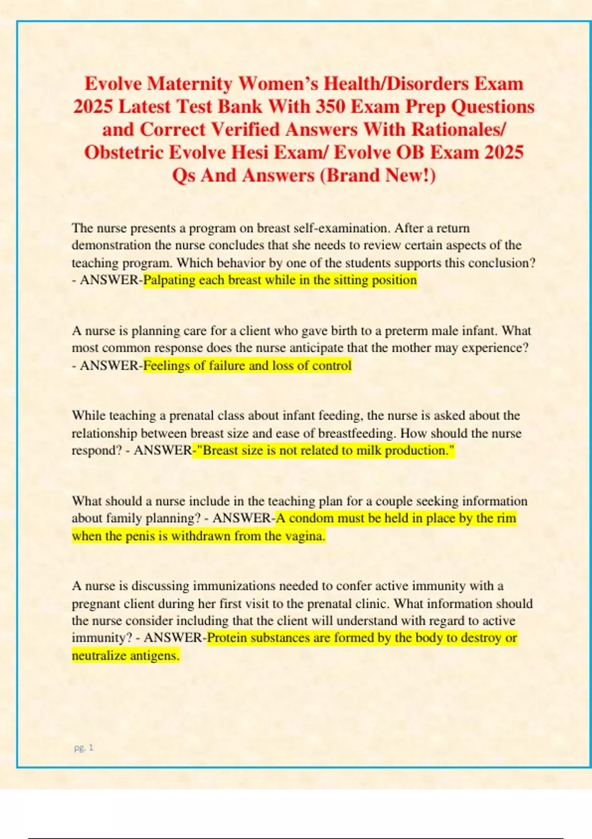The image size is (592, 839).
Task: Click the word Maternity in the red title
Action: pos(189,84)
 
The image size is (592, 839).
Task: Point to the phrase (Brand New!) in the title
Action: pos(378,175)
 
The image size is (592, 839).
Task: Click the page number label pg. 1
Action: pos(83,748)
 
